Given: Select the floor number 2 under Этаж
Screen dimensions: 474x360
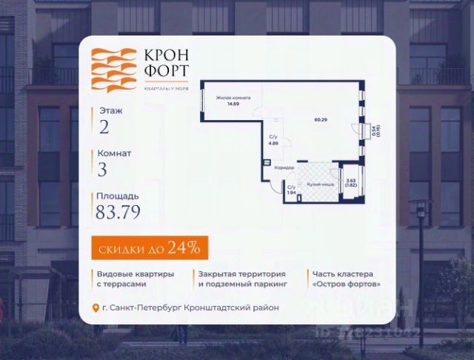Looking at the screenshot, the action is (x=104, y=127).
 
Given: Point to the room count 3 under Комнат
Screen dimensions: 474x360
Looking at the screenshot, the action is (x=103, y=170).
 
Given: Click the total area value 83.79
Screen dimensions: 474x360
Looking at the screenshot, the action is (x=118, y=213).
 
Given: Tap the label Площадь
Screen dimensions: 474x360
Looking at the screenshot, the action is (x=116, y=196).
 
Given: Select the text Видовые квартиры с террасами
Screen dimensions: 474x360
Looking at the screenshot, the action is (x=135, y=279).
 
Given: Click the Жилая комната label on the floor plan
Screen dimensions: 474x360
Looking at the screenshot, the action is (x=233, y=98).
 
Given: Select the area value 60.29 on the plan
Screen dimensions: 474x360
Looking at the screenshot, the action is (x=320, y=120).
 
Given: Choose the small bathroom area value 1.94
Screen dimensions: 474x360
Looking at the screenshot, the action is (x=291, y=191).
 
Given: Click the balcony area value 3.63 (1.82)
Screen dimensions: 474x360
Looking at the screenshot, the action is (x=351, y=182).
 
